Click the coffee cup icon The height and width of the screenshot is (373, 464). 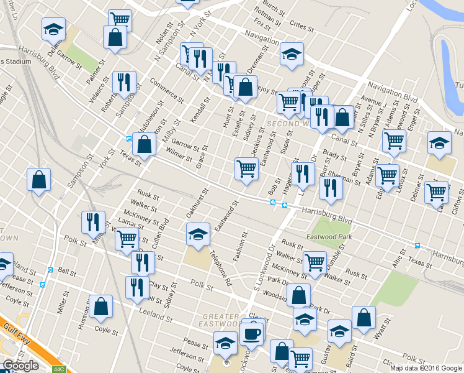252,334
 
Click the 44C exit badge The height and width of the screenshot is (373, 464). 59,369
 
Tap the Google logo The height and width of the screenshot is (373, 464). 20,366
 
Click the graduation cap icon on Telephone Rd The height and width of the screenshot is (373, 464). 198,235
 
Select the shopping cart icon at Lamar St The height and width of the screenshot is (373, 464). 127,237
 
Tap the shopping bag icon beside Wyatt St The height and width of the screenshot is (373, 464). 364,317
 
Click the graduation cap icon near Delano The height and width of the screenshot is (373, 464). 53,28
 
